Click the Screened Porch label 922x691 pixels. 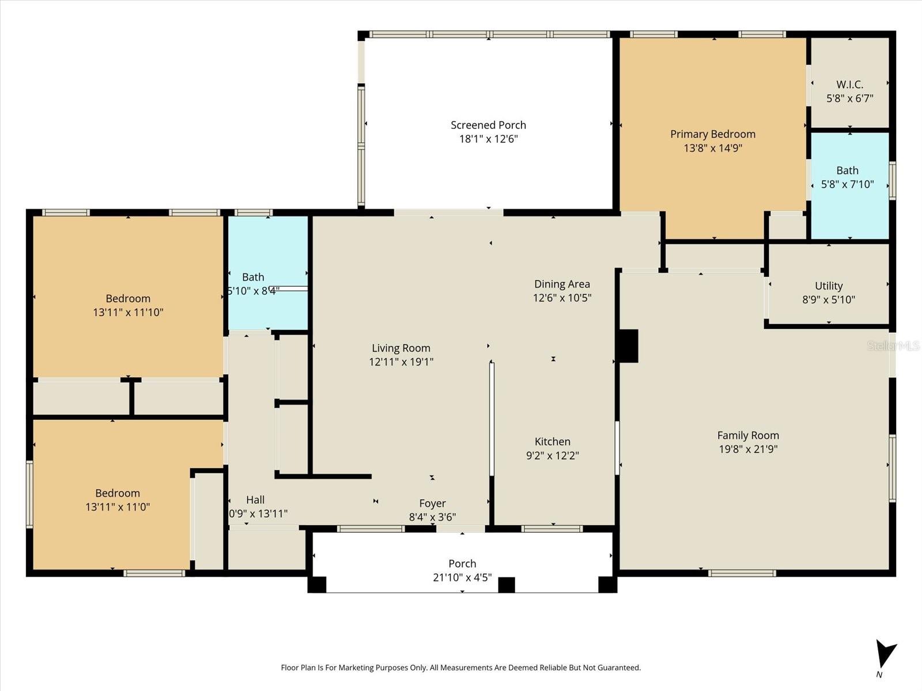488,125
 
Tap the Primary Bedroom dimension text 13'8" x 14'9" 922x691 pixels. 713,148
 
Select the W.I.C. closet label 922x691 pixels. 849,84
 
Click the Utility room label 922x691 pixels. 829,286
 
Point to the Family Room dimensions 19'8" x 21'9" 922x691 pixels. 748,449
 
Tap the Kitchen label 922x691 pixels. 552,442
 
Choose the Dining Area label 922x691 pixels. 562,284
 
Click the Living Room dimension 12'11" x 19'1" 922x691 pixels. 401,362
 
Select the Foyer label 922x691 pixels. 432,503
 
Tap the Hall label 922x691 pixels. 255,500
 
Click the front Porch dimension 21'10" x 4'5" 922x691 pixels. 462,577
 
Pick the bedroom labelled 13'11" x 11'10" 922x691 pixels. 128,305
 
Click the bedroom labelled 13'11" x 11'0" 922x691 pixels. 118,500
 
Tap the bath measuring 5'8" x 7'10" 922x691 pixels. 847,177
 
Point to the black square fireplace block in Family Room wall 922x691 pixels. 628,345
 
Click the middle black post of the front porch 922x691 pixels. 506,584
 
